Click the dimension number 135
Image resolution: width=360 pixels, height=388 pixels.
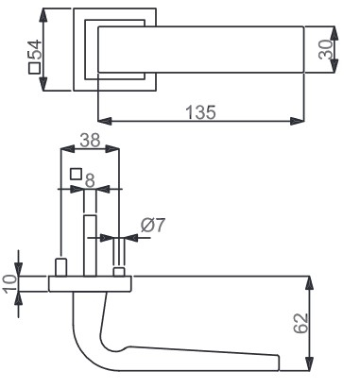click(x=200, y=112)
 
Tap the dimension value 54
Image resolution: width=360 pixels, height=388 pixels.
click(x=35, y=49)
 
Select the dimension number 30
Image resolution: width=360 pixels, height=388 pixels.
click(x=325, y=49)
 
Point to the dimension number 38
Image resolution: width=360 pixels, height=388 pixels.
click(x=90, y=140)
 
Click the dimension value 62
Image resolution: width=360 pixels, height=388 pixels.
click(x=300, y=323)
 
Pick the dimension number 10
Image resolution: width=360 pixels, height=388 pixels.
click(x=9, y=283)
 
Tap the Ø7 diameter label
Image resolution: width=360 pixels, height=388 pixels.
click(x=153, y=225)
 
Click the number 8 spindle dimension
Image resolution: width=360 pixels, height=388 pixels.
click(x=90, y=180)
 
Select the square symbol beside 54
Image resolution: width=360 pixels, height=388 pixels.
click(x=35, y=68)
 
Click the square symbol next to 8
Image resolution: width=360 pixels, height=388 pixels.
click(x=77, y=174)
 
